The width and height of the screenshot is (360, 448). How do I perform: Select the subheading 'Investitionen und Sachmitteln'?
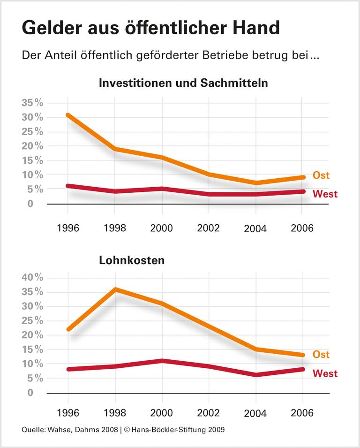pyautogui.click(x=183, y=84)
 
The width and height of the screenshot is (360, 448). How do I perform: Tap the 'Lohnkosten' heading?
pyautogui.click(x=132, y=260)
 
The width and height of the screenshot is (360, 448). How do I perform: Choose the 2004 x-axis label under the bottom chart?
pyautogui.click(x=255, y=414)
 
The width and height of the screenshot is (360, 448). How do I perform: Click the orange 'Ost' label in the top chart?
pyautogui.click(x=321, y=175)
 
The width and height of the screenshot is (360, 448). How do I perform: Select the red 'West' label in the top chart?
pyautogui.click(x=324, y=194)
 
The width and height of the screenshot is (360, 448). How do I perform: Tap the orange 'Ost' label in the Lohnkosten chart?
pyautogui.click(x=321, y=355)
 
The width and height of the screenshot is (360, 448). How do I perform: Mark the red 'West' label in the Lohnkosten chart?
pyautogui.click(x=324, y=374)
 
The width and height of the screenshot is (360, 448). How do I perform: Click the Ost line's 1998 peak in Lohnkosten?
pyautogui.click(x=115, y=289)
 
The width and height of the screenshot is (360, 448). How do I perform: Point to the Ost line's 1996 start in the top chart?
pyautogui.click(x=68, y=115)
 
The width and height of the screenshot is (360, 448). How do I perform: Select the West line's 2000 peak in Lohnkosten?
pyautogui.click(x=162, y=361)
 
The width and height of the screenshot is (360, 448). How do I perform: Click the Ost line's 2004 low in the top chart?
pyautogui.click(x=256, y=182)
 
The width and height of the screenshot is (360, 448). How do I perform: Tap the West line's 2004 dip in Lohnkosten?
pyautogui.click(x=256, y=375)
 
